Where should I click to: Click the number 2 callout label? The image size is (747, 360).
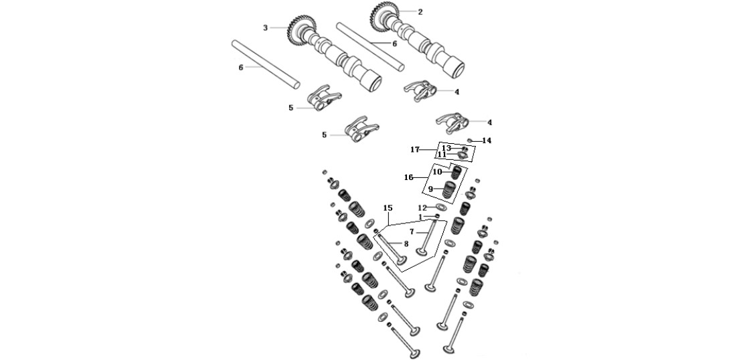420,12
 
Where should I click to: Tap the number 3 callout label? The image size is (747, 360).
265,28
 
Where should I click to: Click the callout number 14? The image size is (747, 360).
487,141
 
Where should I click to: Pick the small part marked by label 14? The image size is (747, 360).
470,140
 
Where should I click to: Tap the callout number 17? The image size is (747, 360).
414,150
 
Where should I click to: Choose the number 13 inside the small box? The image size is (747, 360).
446,149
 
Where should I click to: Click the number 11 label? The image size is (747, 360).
442,155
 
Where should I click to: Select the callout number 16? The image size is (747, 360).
409,177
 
